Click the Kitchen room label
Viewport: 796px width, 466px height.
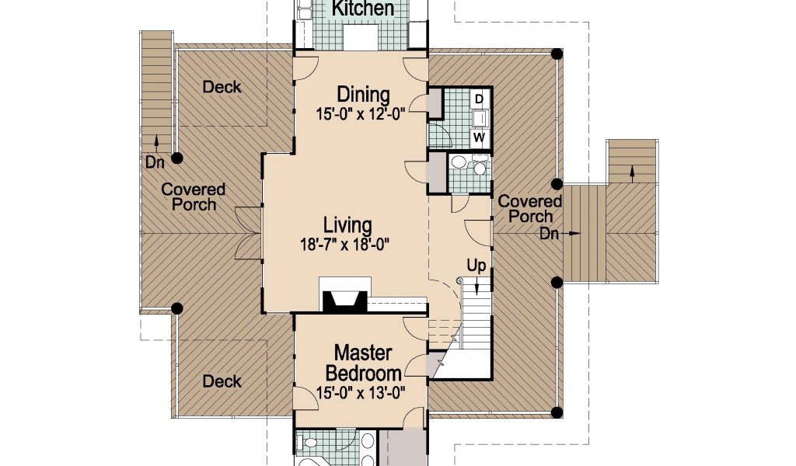[x=362, y=8]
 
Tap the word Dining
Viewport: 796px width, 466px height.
[x=364, y=95]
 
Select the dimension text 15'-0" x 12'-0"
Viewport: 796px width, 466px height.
[x=361, y=114]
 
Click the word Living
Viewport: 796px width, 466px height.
[x=347, y=225]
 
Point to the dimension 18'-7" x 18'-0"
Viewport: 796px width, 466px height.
[x=344, y=245]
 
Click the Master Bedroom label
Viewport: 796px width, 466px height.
[x=364, y=363]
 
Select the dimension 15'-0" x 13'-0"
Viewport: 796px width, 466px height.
[x=361, y=392]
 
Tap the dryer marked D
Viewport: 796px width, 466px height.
[x=479, y=99]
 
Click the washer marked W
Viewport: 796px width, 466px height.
[x=479, y=137]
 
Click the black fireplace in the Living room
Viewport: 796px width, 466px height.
[x=345, y=302]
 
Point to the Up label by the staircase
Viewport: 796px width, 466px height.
[x=477, y=266]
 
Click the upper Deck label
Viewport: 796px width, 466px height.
[x=222, y=87]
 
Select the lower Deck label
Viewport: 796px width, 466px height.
[x=222, y=381]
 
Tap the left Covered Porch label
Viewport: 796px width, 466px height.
[x=193, y=197]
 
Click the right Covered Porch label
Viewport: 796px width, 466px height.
[x=530, y=209]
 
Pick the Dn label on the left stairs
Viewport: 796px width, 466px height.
[x=155, y=163]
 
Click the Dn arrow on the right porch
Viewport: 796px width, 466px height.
[x=573, y=234]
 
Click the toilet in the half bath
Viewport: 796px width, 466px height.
[x=479, y=166]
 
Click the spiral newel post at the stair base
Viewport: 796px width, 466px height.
[x=459, y=280]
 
